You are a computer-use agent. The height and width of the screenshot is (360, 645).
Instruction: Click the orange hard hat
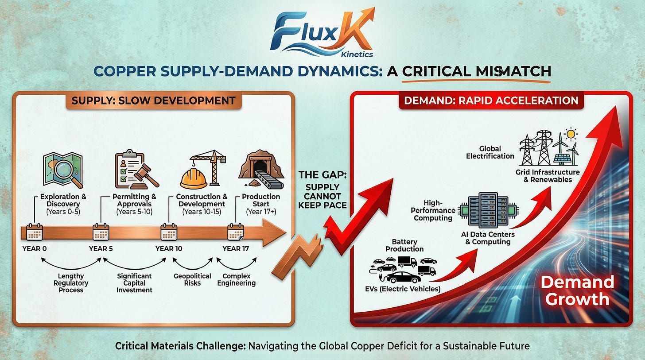tap(194, 179)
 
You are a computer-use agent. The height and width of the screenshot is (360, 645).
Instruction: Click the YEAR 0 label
tap(34, 248)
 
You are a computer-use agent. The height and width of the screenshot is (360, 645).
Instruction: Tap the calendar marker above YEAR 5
tap(101, 232)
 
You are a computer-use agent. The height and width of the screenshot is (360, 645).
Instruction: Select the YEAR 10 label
tap(168, 248)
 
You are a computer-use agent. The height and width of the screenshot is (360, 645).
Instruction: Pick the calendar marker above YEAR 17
tap(236, 232)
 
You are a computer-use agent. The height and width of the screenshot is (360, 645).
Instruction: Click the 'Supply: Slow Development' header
tap(154, 100)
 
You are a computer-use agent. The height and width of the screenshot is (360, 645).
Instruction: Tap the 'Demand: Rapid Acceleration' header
tap(490, 100)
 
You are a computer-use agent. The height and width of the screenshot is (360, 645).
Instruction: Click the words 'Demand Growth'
tap(577, 290)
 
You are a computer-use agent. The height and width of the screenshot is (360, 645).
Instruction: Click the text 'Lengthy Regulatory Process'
tap(71, 283)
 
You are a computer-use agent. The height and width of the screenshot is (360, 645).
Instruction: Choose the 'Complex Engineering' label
tap(236, 279)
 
